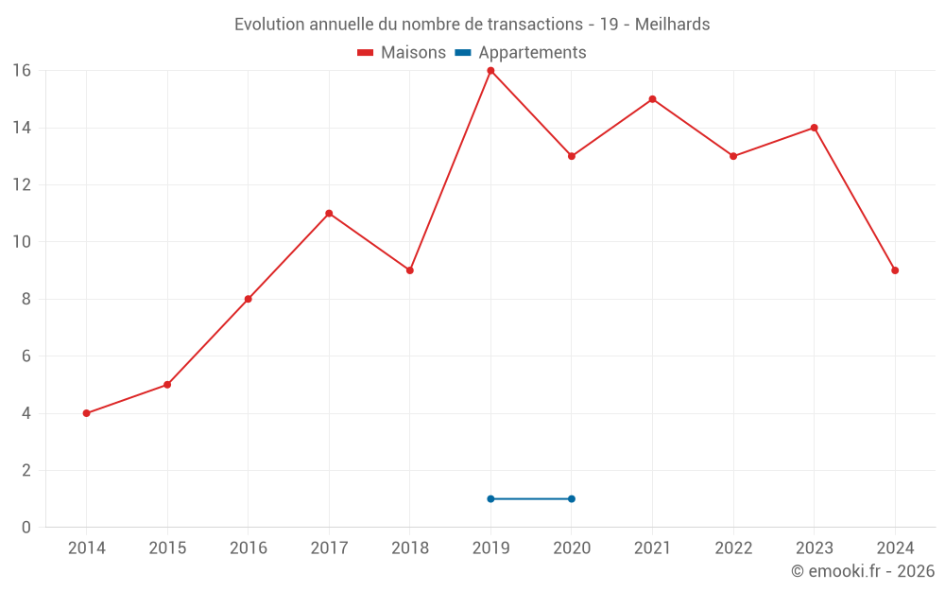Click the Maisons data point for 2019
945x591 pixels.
pyautogui.click(x=490, y=71)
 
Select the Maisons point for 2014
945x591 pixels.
pyautogui.click(x=86, y=413)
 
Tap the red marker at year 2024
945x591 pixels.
pyautogui.click(x=895, y=270)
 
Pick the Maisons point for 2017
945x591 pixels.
pyautogui.click(x=329, y=214)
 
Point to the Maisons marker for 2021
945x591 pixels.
pyautogui.click(x=652, y=99)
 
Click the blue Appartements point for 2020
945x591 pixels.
pyautogui.click(x=572, y=498)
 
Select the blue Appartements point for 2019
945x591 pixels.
pyautogui.click(x=490, y=498)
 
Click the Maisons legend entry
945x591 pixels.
pyautogui.click(x=402, y=53)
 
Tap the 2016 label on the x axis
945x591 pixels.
pyautogui.click(x=249, y=548)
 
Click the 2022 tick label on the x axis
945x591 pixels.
pyautogui.click(x=733, y=548)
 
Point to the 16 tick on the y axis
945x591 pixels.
pyautogui.click(x=21, y=71)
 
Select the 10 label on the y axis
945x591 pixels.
pyautogui.click(x=21, y=242)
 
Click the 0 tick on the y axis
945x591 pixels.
pyautogui.click(x=26, y=527)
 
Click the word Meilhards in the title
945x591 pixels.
pyautogui.click(x=672, y=25)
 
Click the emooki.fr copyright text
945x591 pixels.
pyautogui.click(x=863, y=571)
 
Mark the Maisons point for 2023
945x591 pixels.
pyautogui.click(x=814, y=128)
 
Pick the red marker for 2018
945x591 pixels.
pyautogui.click(x=410, y=270)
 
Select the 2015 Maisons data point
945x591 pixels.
pyautogui.click(x=167, y=385)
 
